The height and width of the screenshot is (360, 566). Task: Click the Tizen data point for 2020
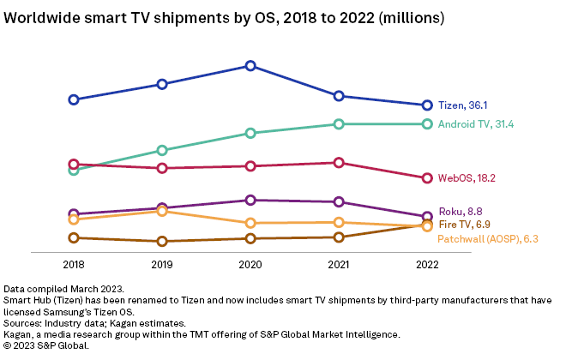tap(250, 65)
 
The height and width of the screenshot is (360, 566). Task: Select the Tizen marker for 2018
tap(74, 99)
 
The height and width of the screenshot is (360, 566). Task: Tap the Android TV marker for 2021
tap(339, 124)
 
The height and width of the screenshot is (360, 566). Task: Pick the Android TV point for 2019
tap(162, 150)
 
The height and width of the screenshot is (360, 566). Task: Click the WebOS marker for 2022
tap(427, 178)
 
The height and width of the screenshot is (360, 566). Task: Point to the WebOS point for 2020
tap(250, 166)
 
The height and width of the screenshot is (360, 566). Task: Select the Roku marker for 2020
tap(250, 200)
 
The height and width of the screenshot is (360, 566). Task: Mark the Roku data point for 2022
tap(427, 217)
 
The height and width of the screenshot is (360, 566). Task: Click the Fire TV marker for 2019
tap(162, 242)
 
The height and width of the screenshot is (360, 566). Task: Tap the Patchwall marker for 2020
tap(250, 223)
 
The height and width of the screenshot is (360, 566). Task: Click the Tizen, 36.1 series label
tap(462, 105)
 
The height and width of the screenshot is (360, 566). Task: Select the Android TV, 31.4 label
tap(475, 124)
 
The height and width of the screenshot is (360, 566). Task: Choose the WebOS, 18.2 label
tap(467, 178)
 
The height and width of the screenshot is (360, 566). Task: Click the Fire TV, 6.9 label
tap(464, 225)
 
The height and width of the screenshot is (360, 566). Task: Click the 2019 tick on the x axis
tap(162, 265)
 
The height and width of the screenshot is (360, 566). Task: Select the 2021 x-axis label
tap(339, 265)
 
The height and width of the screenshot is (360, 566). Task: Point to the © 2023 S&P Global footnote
tap(46, 345)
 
